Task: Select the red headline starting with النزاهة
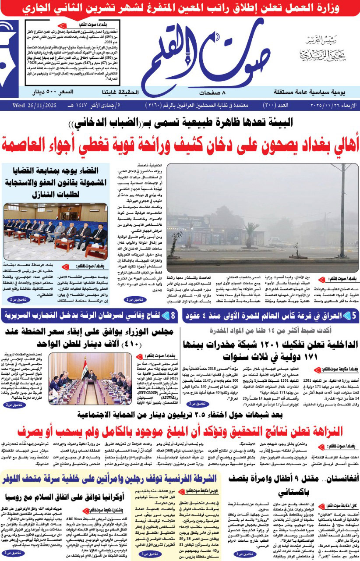tap(180, 431)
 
